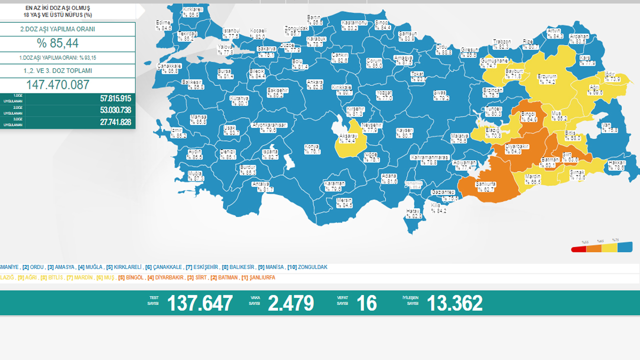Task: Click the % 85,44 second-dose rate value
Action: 57,43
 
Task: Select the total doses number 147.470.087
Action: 58,84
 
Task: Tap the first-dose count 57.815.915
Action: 115,98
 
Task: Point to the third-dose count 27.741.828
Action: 115,122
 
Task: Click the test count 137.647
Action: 199,303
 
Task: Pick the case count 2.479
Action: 291,303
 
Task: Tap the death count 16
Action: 366,303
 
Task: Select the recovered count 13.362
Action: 454,303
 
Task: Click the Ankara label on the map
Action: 315,82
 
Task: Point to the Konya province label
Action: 312,146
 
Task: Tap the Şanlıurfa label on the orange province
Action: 485,184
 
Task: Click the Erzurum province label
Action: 547,76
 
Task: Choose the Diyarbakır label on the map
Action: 516,146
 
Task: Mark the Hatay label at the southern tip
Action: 413,211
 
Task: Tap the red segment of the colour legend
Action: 578,248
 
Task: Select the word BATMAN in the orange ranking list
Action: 227,277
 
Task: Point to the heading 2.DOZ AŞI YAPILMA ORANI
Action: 57,29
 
